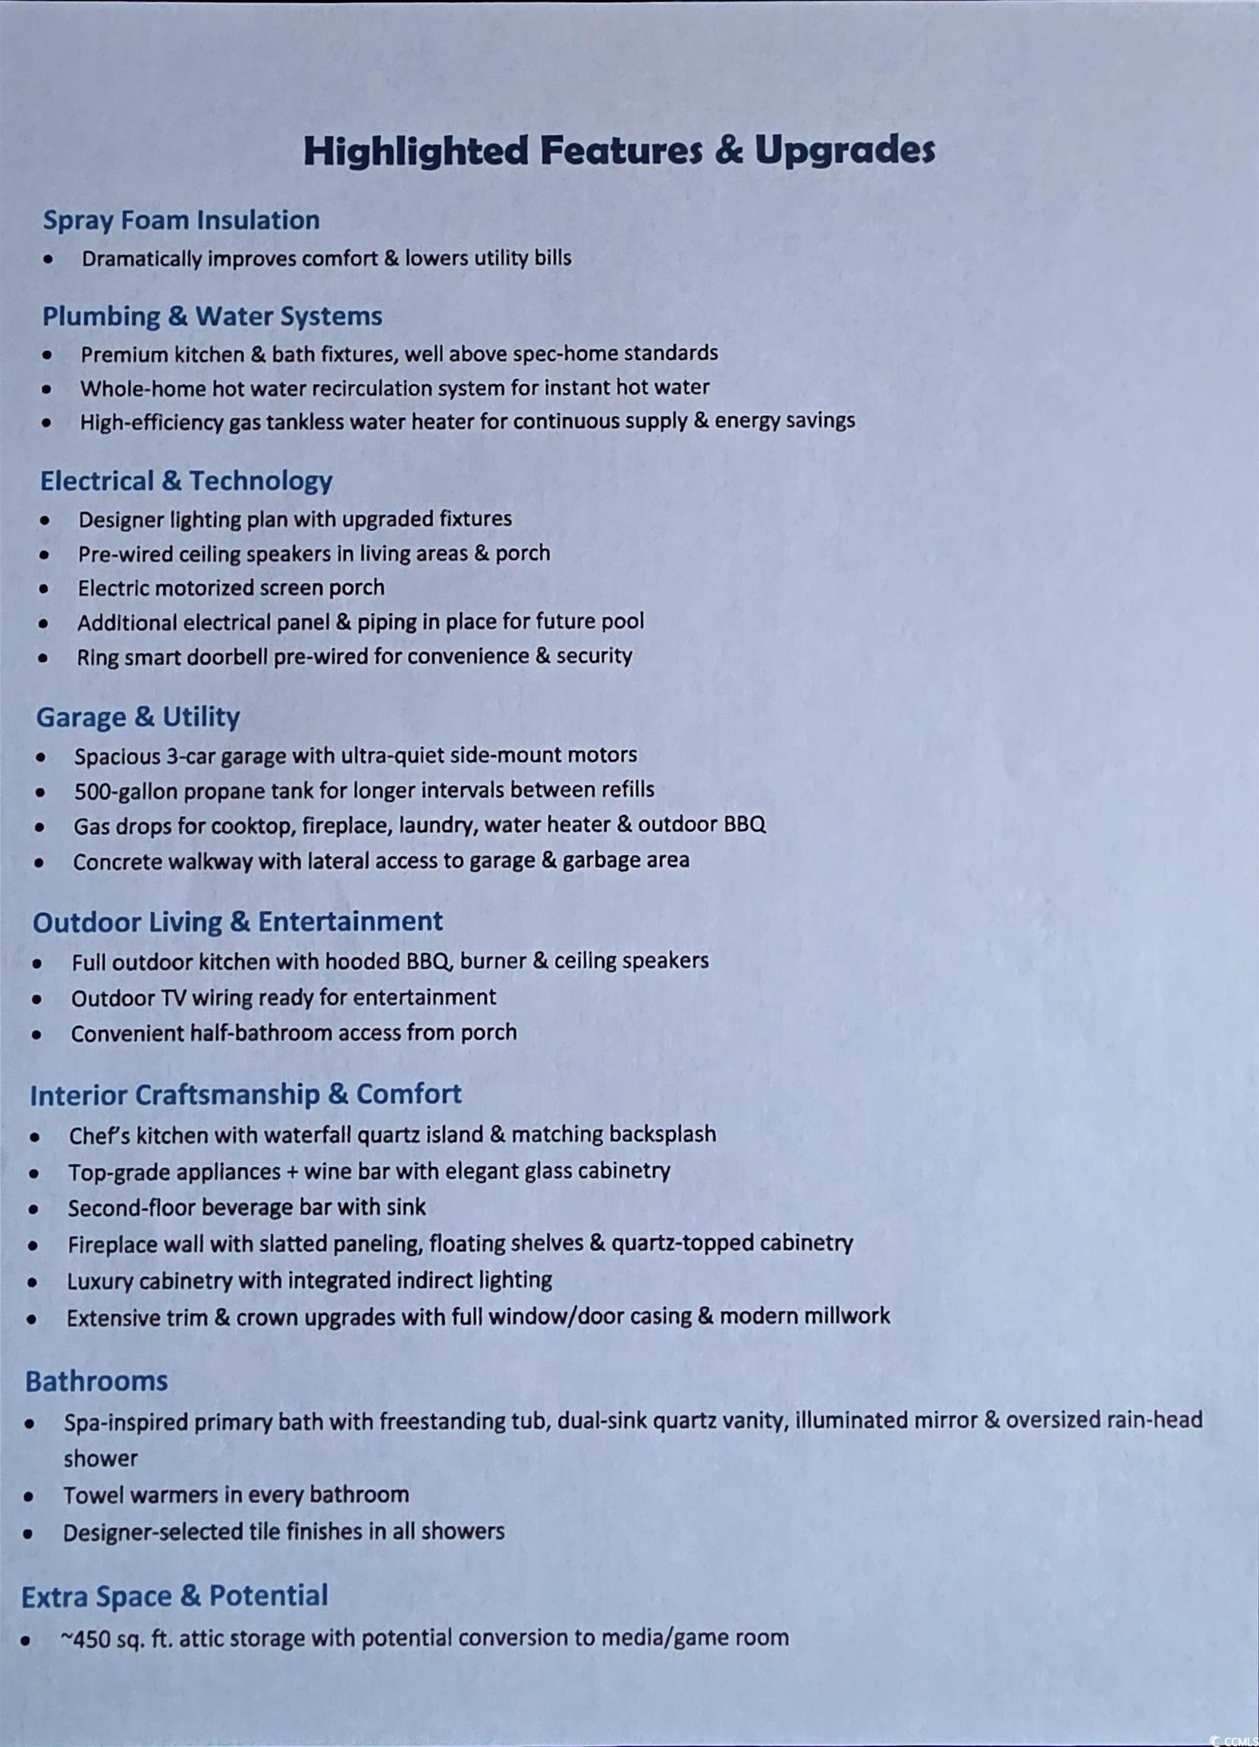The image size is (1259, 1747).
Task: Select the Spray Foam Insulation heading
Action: tap(181, 221)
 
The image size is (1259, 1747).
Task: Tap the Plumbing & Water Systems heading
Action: tap(212, 317)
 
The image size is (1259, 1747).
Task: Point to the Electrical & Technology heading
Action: tap(186, 481)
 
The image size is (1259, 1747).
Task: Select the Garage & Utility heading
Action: tap(138, 717)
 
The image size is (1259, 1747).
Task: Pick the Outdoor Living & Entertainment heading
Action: tap(237, 922)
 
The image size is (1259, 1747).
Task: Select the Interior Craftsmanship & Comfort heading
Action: tap(245, 1095)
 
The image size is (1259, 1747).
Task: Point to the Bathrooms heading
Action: tap(96, 1381)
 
